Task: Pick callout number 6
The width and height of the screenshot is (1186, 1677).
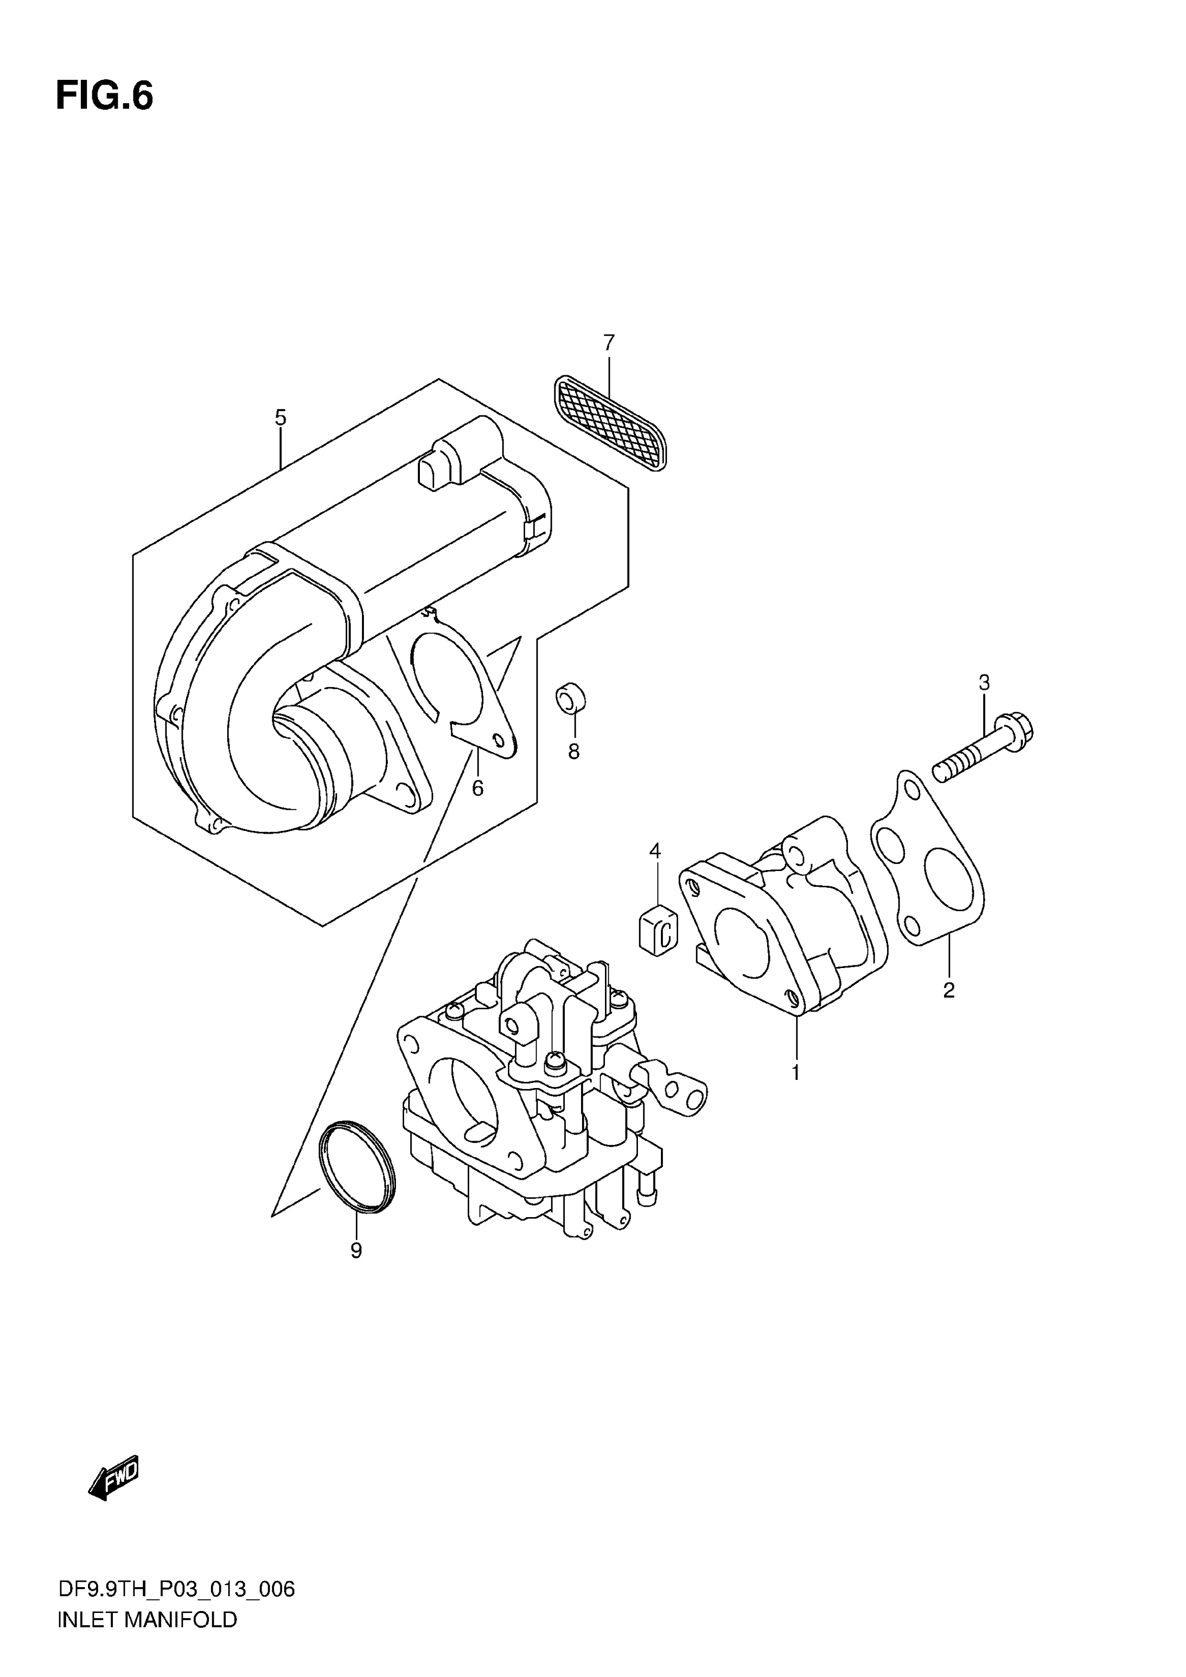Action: pos(477,788)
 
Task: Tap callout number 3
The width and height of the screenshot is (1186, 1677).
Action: pos(984,683)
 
